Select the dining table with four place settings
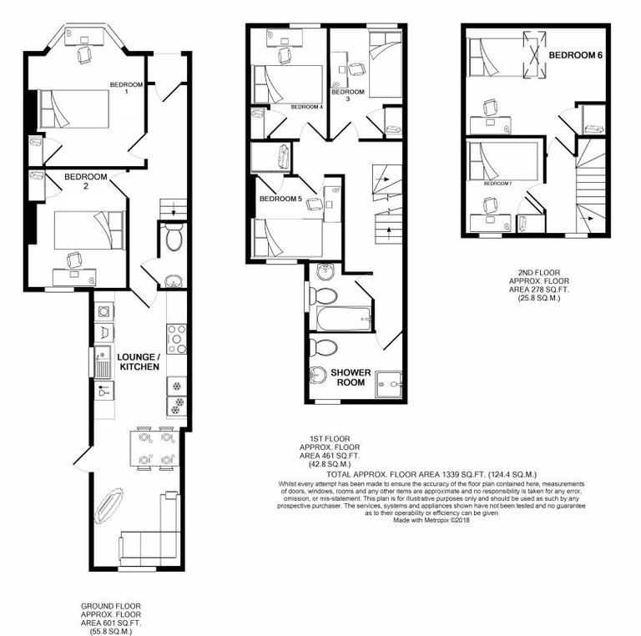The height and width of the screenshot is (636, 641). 155,448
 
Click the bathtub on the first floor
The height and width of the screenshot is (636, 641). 342,317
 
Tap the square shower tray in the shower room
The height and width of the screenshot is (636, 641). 389,380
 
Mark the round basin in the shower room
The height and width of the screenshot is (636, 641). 317,375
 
